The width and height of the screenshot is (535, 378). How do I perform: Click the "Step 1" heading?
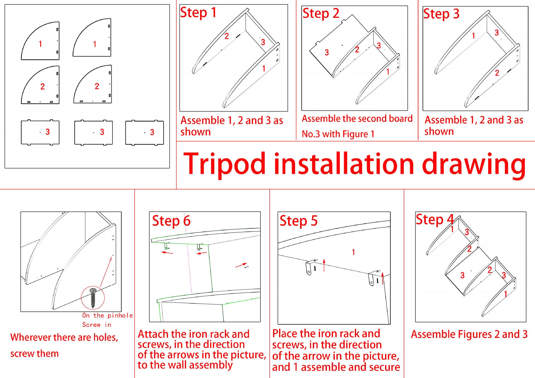point(198,13)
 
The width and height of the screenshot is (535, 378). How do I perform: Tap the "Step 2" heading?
point(321,13)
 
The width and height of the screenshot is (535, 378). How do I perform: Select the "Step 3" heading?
point(441,14)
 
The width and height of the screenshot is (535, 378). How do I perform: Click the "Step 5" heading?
point(298,221)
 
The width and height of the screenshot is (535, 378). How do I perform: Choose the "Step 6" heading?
point(171,221)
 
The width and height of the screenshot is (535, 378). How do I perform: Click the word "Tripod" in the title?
point(225,164)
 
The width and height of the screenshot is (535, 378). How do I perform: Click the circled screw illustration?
point(93,297)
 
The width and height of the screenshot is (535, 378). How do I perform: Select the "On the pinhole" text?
point(107,316)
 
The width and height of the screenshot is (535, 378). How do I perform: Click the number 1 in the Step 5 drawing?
point(353,252)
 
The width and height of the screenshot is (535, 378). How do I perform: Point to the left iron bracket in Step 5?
point(310,267)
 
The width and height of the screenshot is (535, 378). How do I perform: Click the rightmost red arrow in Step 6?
point(241,265)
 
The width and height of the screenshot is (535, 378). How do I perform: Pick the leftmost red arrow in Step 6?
point(167,253)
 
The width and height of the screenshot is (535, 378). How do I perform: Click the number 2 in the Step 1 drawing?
point(227,36)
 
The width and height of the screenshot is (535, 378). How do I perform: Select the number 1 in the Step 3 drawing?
point(473,36)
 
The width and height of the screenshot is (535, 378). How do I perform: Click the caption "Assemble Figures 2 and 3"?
point(469,334)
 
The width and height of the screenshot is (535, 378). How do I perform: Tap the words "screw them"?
point(35,354)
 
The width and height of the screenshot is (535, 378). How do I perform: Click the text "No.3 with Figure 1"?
point(338,134)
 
